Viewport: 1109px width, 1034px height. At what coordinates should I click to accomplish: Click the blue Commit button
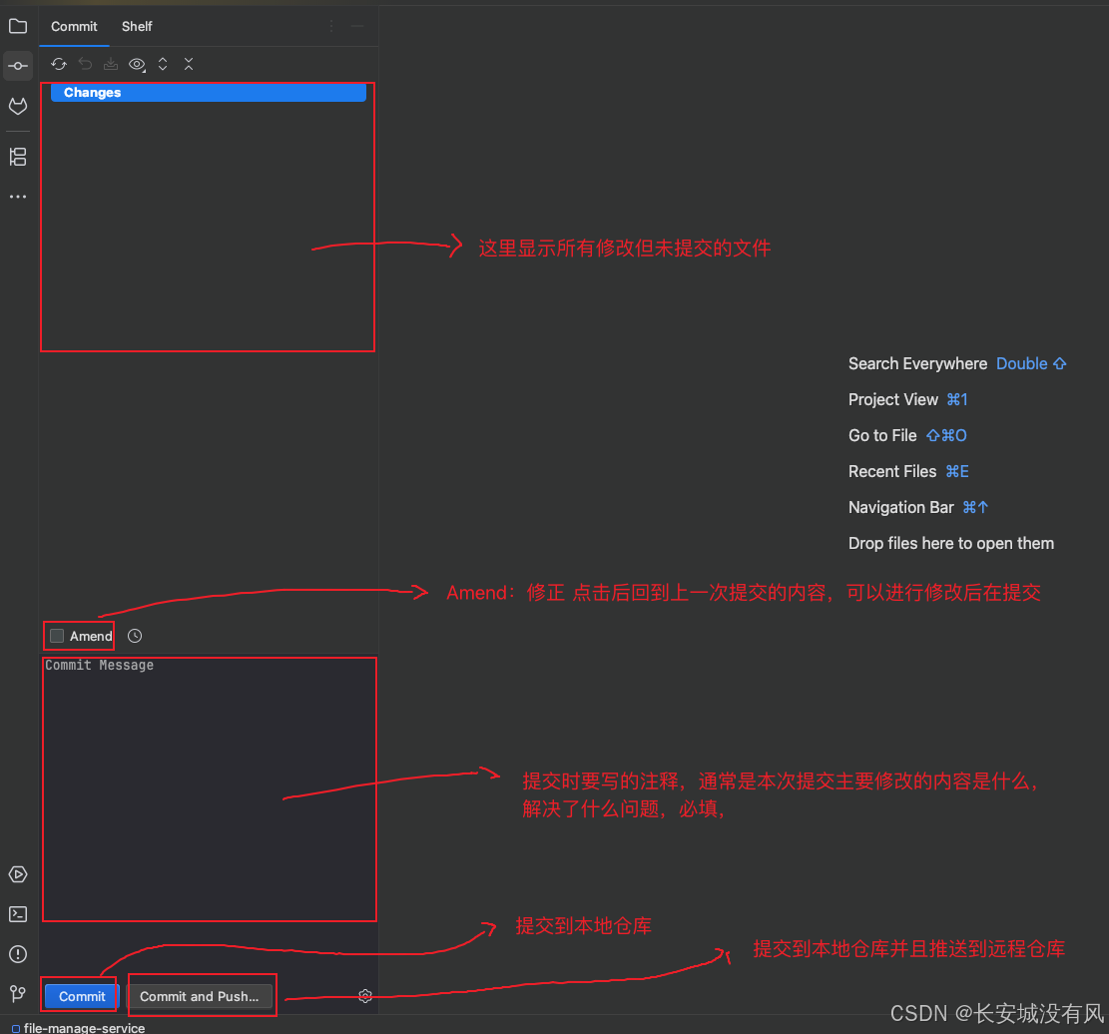82,996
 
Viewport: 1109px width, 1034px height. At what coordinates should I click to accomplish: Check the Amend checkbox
57,636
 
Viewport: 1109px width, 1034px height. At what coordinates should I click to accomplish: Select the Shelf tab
137,26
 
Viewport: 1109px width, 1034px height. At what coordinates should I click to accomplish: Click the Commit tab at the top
74,26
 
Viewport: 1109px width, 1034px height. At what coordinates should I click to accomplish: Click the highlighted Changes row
208,93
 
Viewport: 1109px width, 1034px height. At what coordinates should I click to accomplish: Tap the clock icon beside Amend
135,636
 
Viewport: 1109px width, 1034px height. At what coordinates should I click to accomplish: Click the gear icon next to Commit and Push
365,996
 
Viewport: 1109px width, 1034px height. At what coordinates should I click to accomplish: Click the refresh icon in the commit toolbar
59,64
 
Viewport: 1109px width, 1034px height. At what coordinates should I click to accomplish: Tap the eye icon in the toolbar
137,64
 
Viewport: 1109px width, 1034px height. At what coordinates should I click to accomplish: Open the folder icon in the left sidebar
18,26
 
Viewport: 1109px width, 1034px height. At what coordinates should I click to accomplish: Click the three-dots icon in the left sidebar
18,197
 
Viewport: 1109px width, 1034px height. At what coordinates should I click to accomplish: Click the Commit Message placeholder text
99,666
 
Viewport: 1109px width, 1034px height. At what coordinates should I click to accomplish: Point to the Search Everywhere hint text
917,363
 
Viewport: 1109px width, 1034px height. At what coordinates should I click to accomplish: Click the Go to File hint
882,435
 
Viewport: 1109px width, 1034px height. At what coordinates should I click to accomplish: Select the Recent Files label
892,471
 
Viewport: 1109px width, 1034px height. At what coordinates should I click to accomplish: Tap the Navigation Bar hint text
900,507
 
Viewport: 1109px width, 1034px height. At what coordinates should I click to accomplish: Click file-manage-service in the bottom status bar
84,1027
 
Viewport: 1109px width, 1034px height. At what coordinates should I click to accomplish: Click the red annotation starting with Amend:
743,593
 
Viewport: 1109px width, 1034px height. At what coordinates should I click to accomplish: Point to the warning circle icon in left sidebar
18,954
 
